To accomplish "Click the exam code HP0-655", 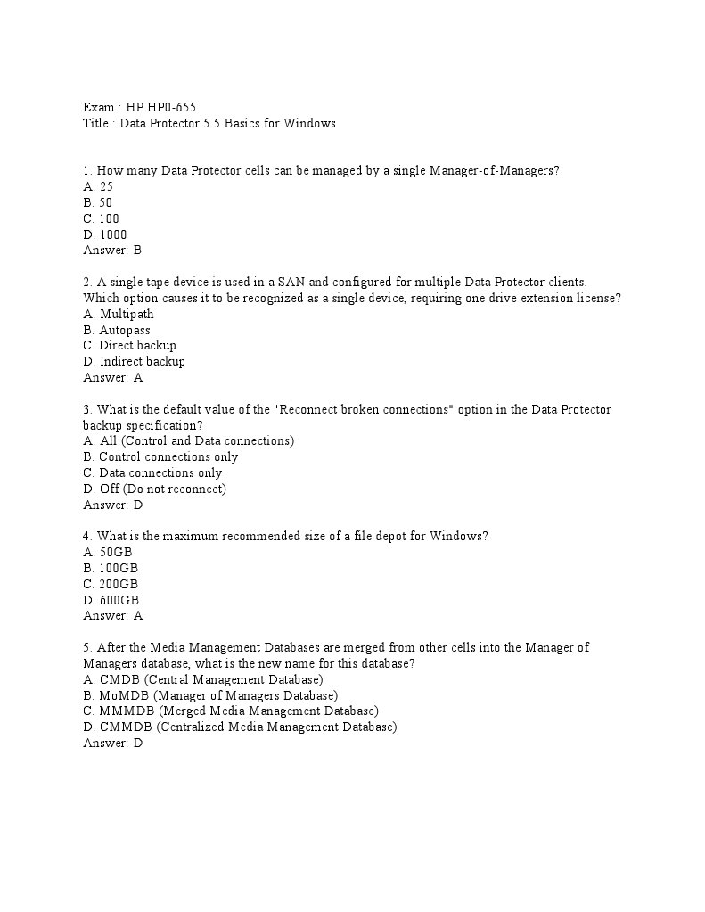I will pyautogui.click(x=175, y=108).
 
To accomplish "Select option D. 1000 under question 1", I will pyautogui.click(x=105, y=234).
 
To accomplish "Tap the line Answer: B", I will pyautogui.click(x=112, y=251).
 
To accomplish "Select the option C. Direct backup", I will pyautogui.click(x=129, y=345).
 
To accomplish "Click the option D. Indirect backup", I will pyautogui.click(x=134, y=361).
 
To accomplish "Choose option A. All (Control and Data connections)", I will pyautogui.click(x=188, y=440).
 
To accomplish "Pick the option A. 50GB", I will pyautogui.click(x=107, y=552).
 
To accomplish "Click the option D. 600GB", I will pyautogui.click(x=111, y=600).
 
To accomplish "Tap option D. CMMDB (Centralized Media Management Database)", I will pyautogui.click(x=240, y=727).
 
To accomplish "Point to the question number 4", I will pyautogui.click(x=87, y=536).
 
